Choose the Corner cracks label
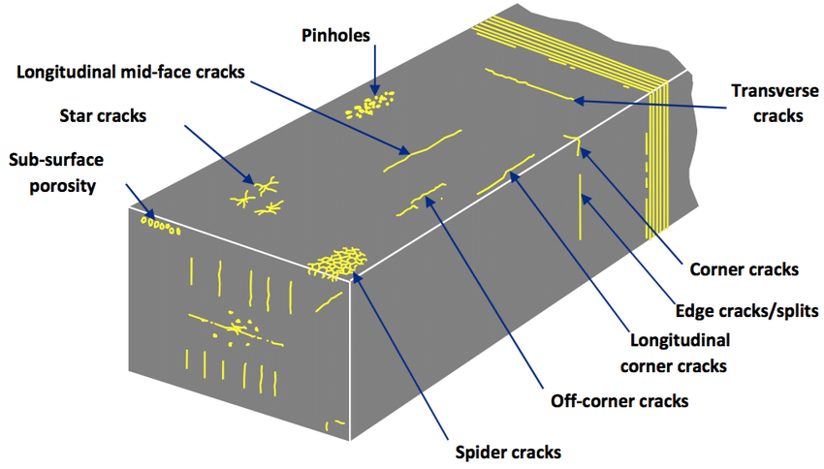[x=742, y=269]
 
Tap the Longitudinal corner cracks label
[x=679, y=353]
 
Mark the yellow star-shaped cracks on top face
[x=258, y=194]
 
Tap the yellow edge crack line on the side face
[x=581, y=203]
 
